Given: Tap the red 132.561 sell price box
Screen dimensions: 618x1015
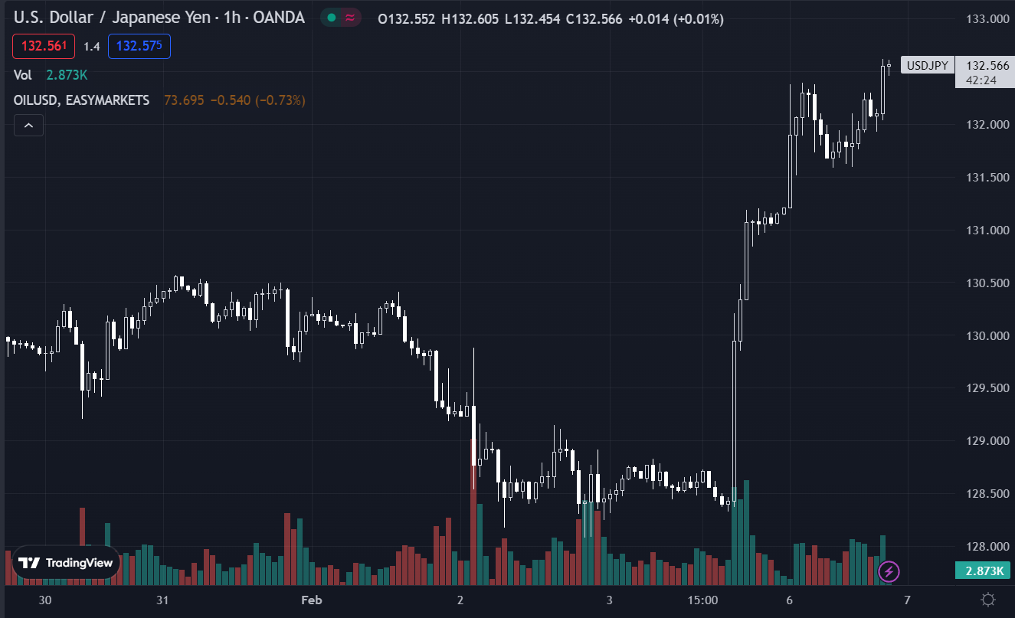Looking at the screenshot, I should (x=44, y=47).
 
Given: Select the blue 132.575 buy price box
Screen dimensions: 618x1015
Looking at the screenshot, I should (x=139, y=47).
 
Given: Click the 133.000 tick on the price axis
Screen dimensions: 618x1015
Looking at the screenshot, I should (x=987, y=19).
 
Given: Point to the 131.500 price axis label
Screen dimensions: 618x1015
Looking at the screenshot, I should (x=987, y=178).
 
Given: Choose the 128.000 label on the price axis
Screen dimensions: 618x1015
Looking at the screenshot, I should (x=987, y=547).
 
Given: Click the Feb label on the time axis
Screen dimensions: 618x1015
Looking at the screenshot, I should (x=312, y=600).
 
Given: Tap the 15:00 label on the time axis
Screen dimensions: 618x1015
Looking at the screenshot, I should (x=702, y=600).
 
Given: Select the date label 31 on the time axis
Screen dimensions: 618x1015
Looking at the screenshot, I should (x=162, y=600).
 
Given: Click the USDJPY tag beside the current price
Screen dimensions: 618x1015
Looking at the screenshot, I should (x=927, y=66).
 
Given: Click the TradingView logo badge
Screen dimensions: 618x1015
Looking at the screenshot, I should (x=66, y=563).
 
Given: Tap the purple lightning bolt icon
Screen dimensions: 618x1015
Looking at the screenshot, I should (x=889, y=571).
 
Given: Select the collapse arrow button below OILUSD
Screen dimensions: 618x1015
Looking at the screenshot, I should (x=28, y=125).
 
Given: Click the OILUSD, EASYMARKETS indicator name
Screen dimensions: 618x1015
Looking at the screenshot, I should (x=82, y=100).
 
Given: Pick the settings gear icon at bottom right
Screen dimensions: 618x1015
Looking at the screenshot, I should (x=988, y=600).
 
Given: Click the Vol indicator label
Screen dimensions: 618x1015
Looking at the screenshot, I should (x=23, y=75).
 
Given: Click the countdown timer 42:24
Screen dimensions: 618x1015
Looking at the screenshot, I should (x=981, y=80).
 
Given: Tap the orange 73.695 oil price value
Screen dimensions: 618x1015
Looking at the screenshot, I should (x=184, y=100).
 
